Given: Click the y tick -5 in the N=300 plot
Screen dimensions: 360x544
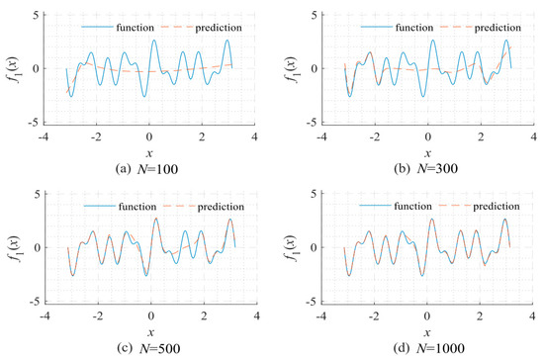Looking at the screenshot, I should (310, 122).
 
